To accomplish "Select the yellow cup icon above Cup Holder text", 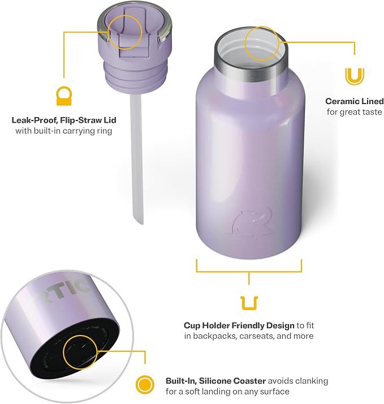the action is tap(249, 303).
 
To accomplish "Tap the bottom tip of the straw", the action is tap(140, 223).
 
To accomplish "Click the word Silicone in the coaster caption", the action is tap(215, 381).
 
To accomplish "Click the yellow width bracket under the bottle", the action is tap(249, 271).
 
